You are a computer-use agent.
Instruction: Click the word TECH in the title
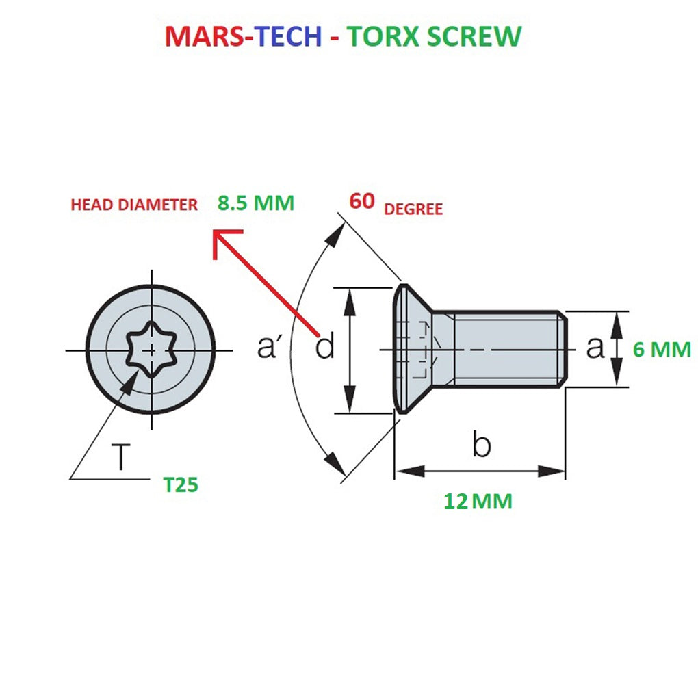(x=287, y=36)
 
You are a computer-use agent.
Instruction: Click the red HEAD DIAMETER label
(x=134, y=205)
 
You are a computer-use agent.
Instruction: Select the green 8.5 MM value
(x=255, y=203)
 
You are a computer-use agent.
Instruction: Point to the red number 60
(x=362, y=201)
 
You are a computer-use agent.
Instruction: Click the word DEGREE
(x=413, y=209)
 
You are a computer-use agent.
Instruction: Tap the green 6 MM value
(x=661, y=350)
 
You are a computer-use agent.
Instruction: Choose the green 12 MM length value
(x=478, y=502)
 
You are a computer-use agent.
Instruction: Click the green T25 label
(x=181, y=485)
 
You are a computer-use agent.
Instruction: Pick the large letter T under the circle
(x=120, y=456)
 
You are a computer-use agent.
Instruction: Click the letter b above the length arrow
(x=481, y=445)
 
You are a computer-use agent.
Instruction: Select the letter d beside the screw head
(x=325, y=348)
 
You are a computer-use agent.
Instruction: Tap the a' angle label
(x=270, y=348)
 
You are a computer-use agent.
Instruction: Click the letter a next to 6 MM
(x=595, y=348)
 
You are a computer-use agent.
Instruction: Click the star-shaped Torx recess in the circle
(x=152, y=350)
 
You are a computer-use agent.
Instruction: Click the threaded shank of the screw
(x=506, y=349)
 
